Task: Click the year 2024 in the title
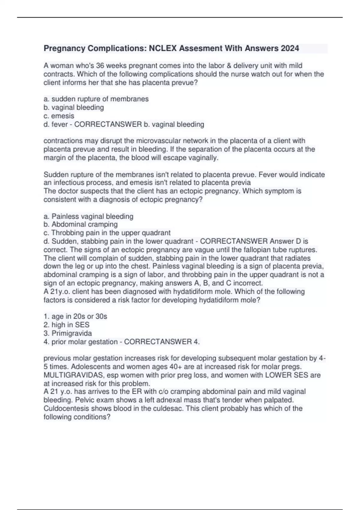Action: [x=290, y=48]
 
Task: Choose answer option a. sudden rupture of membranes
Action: [x=96, y=99]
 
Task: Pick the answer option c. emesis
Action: [x=59, y=116]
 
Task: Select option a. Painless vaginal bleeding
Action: [x=88, y=216]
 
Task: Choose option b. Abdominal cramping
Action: [x=81, y=224]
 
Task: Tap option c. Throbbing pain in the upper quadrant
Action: [x=107, y=233]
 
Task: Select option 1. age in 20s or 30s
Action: [x=75, y=316]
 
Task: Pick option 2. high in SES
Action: [x=67, y=325]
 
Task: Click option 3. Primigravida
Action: [x=68, y=333]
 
